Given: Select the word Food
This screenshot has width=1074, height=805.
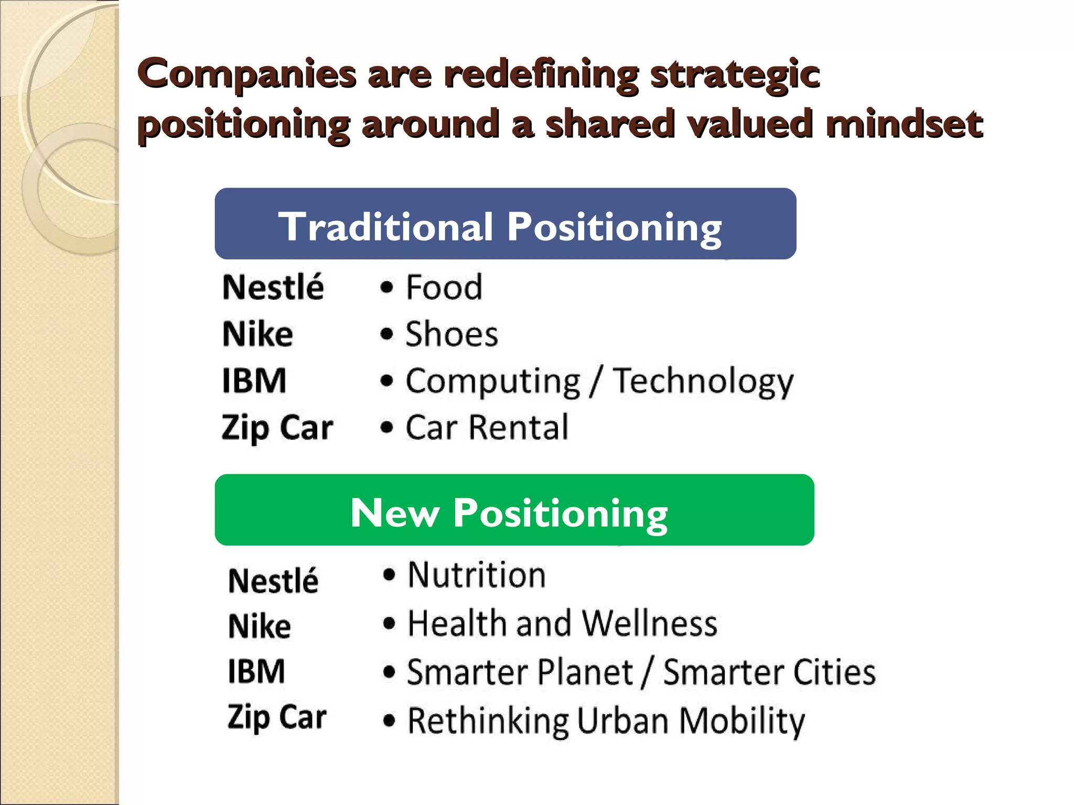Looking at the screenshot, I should [444, 287].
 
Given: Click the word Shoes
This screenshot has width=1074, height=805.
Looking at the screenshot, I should [451, 334].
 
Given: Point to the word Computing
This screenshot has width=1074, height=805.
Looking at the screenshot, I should [492, 382].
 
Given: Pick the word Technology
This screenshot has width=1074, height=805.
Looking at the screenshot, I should [703, 382].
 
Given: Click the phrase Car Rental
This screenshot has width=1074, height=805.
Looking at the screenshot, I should [487, 427].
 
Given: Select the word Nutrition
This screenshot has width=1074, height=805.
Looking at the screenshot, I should [477, 575].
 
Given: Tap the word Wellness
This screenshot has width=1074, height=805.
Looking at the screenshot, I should [649, 623].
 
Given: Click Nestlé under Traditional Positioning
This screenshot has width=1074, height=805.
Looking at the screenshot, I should [273, 287].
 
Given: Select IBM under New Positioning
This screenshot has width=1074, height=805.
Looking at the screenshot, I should [256, 671].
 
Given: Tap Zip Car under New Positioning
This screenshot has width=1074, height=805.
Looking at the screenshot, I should [276, 717].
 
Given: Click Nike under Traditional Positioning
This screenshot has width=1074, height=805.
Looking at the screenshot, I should [257, 334].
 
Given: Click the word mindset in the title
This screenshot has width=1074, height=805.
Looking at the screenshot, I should [904, 124].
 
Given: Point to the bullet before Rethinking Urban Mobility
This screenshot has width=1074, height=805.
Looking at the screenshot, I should [389, 721].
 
